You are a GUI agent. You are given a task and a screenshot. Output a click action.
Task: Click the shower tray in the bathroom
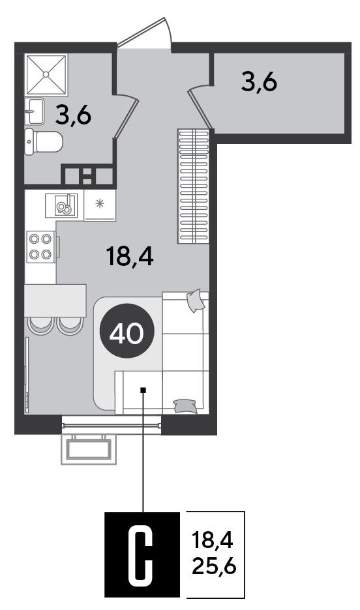point(46,74)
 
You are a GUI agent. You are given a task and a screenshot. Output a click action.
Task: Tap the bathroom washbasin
point(35,111)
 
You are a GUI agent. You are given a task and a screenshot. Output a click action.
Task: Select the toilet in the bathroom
point(43,142)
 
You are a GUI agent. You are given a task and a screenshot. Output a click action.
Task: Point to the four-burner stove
point(41,246)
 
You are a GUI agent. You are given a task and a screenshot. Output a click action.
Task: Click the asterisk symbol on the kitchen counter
point(100,202)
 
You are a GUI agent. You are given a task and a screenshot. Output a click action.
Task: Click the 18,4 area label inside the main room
point(130,257)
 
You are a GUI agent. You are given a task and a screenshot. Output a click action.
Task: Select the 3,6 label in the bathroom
point(73,115)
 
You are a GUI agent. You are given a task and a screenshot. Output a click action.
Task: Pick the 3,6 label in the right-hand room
point(259,82)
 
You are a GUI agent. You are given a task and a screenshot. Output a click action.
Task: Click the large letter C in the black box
point(143,554)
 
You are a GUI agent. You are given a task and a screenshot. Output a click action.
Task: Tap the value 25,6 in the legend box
point(215,567)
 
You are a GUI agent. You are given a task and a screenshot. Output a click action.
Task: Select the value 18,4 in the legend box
point(213,541)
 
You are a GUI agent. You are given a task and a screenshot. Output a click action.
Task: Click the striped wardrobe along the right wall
point(194,187)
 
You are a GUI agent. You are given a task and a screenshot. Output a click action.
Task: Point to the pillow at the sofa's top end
point(196,300)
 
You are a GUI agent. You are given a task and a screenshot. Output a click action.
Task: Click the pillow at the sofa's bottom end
point(185,405)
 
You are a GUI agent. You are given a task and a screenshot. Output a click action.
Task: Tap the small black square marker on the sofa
point(143,390)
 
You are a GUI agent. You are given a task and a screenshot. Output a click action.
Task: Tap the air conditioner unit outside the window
point(89,449)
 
